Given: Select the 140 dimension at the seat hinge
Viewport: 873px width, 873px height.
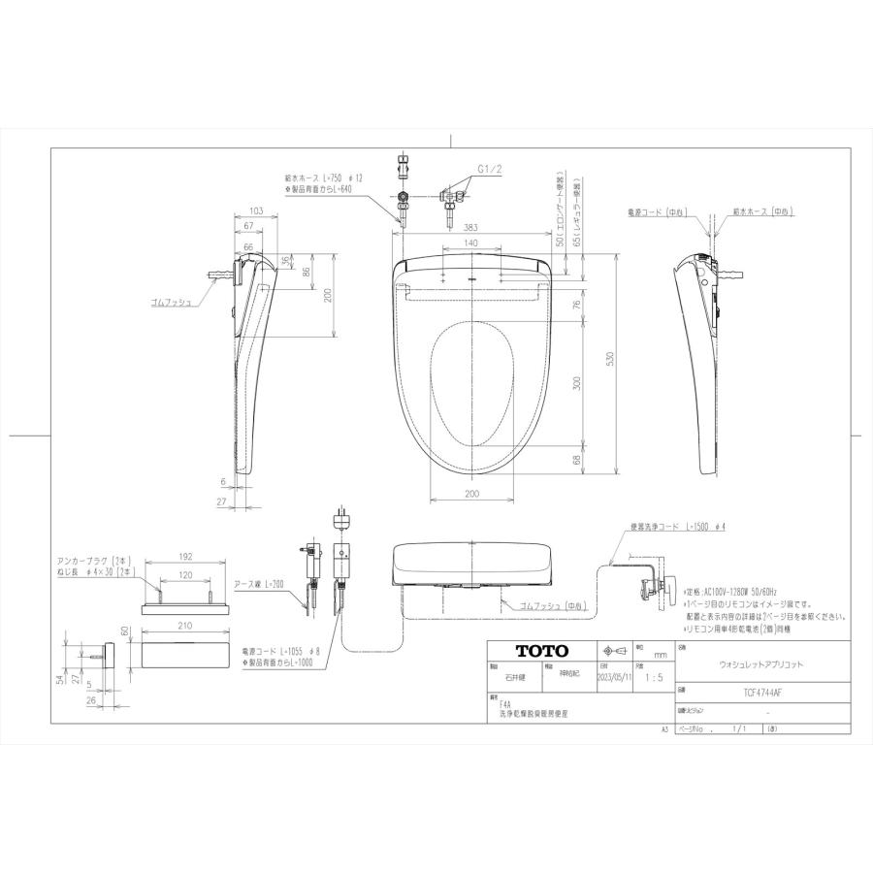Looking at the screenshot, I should (x=471, y=242).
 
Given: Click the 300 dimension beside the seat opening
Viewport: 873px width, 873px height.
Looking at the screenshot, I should (x=576, y=384).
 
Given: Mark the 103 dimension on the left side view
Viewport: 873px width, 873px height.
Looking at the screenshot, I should (x=256, y=210).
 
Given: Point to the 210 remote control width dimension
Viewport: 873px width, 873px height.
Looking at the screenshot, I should (x=184, y=627).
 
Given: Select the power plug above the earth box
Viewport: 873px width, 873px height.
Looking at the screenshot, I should (x=339, y=517).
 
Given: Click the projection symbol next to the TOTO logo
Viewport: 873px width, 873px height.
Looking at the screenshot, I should (x=611, y=651).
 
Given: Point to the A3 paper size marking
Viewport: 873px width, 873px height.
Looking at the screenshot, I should (x=665, y=727).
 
